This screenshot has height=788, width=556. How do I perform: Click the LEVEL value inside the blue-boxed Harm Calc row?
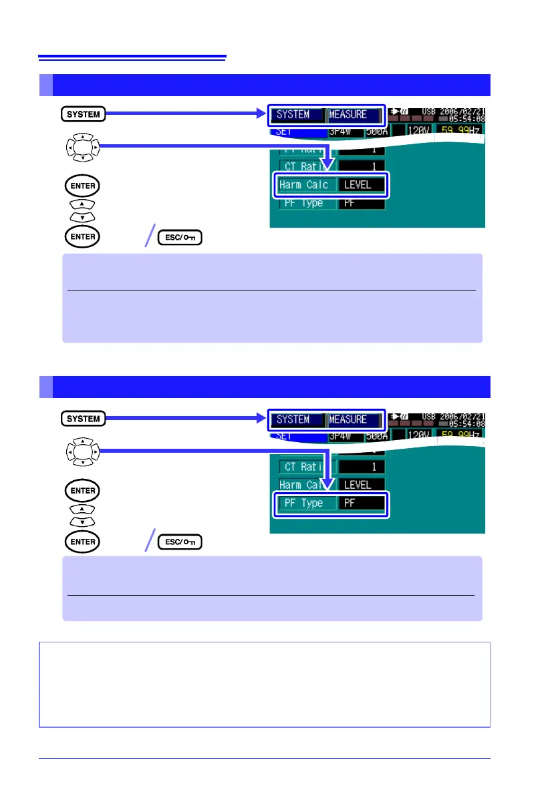click(362, 184)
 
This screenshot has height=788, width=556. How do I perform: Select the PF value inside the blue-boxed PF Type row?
click(362, 503)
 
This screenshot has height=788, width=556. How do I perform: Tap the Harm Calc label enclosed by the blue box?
click(304, 184)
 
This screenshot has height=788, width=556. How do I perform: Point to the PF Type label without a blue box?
click(301, 203)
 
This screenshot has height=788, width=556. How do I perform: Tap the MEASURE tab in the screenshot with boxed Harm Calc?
click(352, 114)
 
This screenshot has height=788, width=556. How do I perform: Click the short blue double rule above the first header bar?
click(132, 58)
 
